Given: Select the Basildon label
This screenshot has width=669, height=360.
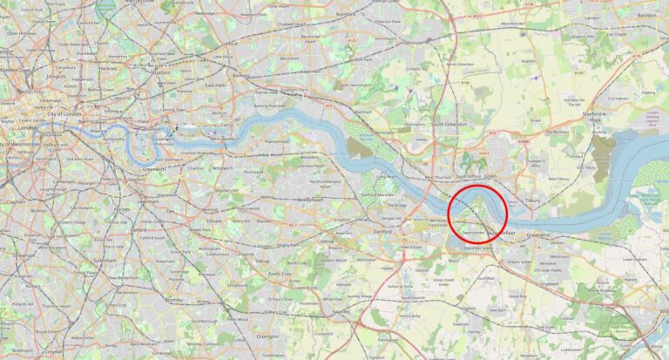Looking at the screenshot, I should coord(645,16).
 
